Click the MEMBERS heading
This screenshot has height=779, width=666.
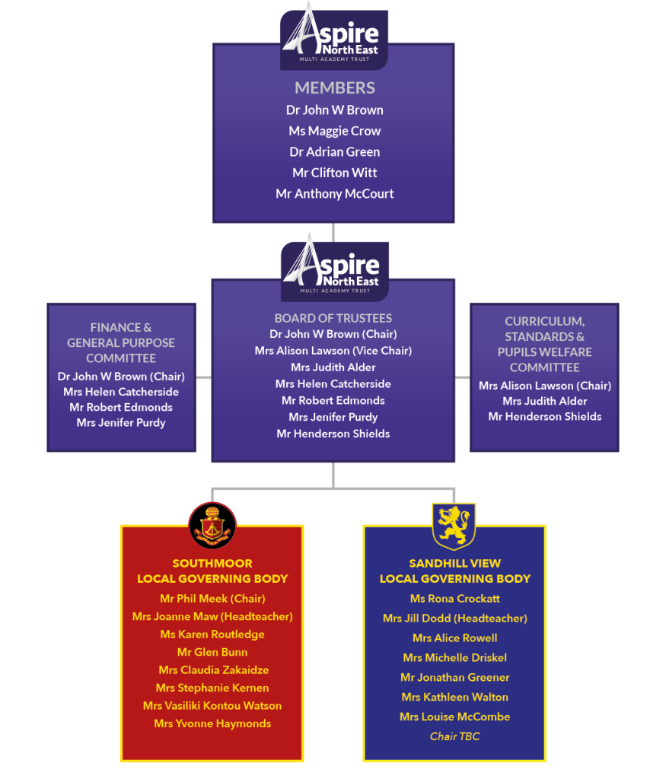[x=334, y=88]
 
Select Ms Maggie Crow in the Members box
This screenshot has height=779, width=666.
[x=334, y=131]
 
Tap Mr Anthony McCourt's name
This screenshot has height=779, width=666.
[x=334, y=194]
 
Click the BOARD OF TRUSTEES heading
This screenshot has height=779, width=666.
[x=333, y=318]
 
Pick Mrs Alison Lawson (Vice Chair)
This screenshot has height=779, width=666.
[x=333, y=351]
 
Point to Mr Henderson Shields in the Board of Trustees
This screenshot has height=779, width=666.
[x=333, y=434]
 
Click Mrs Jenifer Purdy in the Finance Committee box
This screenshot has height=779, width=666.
[x=121, y=423]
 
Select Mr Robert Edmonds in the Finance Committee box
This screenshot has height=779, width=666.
[x=121, y=408]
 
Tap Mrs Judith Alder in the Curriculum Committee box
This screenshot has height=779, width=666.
[x=545, y=401]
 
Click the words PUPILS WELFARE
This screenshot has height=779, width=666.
[x=545, y=352]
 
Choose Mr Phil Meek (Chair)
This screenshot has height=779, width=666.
[x=212, y=599]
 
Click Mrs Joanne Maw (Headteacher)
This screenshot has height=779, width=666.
[x=212, y=616]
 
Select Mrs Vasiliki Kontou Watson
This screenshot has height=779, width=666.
[x=212, y=705]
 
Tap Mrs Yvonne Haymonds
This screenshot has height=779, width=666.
[x=212, y=724]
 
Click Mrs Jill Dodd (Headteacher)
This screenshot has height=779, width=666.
[x=454, y=618]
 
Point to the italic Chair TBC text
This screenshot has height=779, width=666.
[x=454, y=736]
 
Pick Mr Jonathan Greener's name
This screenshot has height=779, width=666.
[x=454, y=677]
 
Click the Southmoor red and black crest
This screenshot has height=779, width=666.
[x=212, y=525]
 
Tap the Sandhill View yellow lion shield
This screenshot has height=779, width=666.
[x=454, y=526]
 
